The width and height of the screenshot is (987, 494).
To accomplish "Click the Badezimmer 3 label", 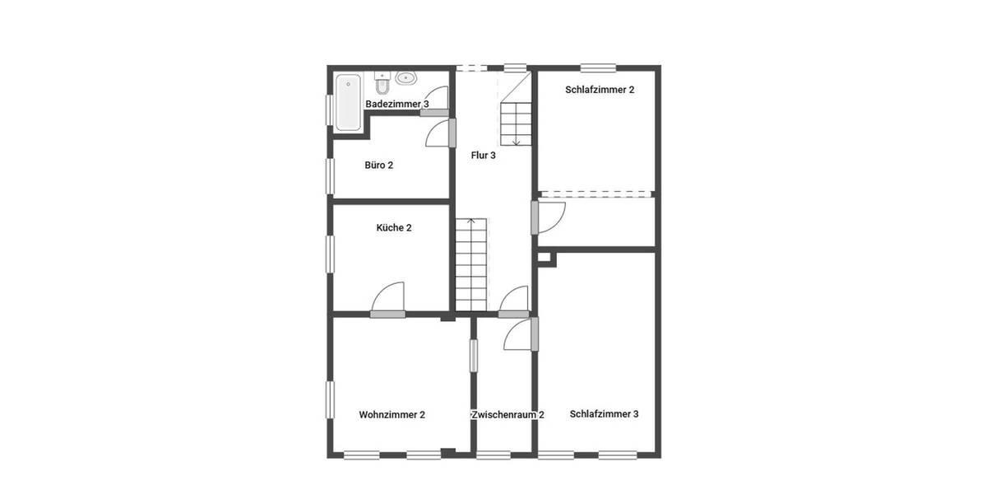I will pyautogui.click(x=396, y=105).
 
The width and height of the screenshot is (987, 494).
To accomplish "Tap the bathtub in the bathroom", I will pyautogui.click(x=348, y=102).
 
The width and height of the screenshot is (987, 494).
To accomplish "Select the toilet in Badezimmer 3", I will pyautogui.click(x=382, y=83).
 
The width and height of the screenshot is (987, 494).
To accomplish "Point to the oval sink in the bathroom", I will pyautogui.click(x=406, y=78).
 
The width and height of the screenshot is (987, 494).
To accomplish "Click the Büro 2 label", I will pyautogui.click(x=378, y=165).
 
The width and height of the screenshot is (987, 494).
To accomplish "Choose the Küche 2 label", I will pyautogui.click(x=393, y=227).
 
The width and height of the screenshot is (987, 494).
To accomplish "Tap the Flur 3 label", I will pyautogui.click(x=483, y=155).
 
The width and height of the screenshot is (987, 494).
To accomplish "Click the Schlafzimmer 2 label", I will pyautogui.click(x=600, y=90).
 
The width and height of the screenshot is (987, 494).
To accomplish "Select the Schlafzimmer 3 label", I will pyautogui.click(x=604, y=414).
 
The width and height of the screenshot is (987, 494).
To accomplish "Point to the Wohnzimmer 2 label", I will pyautogui.click(x=392, y=415).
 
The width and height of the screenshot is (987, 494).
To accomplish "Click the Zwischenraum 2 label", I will pyautogui.click(x=507, y=415).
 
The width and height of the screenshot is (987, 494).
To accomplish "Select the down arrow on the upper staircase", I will pyautogui.click(x=516, y=140).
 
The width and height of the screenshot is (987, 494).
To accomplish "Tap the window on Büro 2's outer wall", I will pyautogui.click(x=330, y=175).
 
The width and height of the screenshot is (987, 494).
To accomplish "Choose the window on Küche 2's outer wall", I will pyautogui.click(x=330, y=253).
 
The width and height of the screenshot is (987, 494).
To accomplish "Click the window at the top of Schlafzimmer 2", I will pyautogui.click(x=597, y=68).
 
